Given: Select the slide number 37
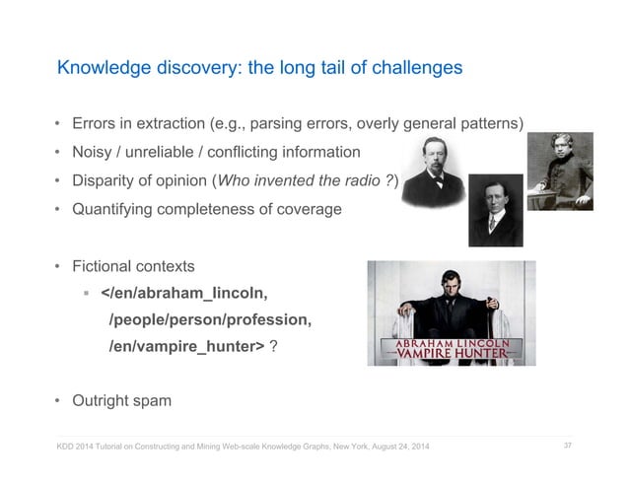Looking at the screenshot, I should click(568, 449).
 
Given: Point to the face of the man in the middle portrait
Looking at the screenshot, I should click(494, 197).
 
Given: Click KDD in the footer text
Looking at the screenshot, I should click(66, 451).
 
